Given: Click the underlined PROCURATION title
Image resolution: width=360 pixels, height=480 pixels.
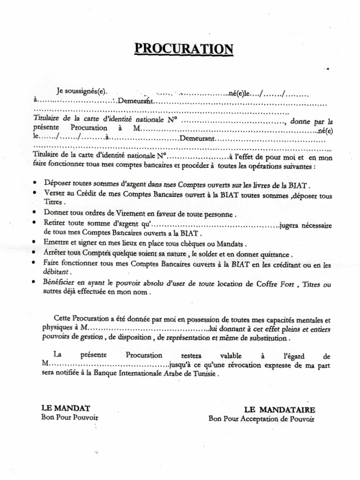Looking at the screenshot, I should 183,49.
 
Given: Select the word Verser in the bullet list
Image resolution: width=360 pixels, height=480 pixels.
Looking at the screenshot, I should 54,194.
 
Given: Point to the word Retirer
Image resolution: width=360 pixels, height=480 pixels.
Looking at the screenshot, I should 55,224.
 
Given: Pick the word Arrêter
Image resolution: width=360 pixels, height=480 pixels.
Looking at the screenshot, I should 55,254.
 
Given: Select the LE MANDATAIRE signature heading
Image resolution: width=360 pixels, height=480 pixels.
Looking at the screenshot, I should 279,409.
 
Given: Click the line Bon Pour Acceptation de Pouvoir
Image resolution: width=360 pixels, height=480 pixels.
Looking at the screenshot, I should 261,419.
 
